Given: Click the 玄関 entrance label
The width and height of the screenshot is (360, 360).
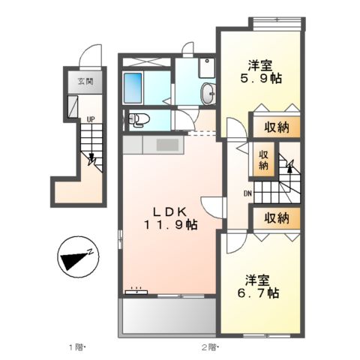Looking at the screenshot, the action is coord(85,81).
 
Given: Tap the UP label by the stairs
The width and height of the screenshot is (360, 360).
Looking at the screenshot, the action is coord(91,119).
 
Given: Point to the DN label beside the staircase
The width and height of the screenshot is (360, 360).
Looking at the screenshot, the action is coord(247,193).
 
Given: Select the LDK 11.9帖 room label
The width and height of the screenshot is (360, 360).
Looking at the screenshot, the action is coord(170,219).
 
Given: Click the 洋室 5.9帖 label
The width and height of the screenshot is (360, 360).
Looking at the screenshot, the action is coord(261,72).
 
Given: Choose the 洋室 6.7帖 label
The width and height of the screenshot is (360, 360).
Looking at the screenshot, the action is coord(258,286).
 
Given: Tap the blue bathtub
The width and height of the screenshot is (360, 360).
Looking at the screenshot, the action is coord(133,88).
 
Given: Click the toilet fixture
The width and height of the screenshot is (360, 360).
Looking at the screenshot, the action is coord(139,119).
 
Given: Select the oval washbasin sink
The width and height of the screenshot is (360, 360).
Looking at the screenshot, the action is coord(208,93).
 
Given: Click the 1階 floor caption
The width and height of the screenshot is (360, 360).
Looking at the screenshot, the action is coord(77,347).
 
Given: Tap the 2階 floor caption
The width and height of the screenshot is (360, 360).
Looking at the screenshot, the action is coord(210,347).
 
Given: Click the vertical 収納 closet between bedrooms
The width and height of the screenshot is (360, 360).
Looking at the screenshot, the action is coord(263,160).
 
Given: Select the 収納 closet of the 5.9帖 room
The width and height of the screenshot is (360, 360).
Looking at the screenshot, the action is coord(277,127).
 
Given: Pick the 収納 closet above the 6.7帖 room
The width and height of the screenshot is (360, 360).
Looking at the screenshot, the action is coord(277,218).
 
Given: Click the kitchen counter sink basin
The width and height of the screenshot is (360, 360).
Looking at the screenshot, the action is coord(167,145).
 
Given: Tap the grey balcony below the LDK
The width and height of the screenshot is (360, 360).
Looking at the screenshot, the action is coord(169,316).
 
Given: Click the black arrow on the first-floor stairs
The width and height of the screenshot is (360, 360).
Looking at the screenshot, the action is coord(91,159).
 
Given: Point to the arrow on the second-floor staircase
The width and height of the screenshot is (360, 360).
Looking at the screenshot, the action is coord(289,166).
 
